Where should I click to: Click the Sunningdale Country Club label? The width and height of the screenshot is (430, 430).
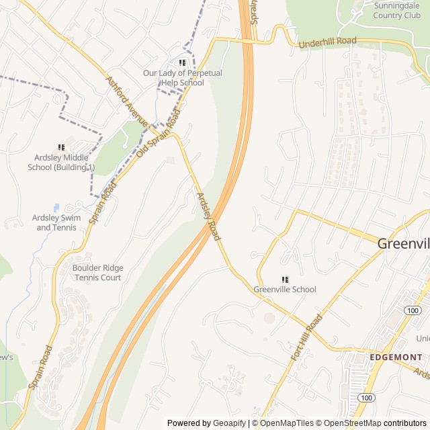coord(396,10)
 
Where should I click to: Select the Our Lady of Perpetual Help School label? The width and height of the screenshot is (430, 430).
coord(173,78)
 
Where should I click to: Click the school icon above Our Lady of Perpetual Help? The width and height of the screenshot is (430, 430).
coord(182,62)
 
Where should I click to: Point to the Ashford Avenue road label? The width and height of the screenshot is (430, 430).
coord(126,101)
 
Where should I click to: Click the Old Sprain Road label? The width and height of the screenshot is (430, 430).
coord(159,132)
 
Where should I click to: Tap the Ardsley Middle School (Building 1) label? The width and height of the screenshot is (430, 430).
coord(61,163)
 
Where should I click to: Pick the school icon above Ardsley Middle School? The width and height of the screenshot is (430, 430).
coord(61,147)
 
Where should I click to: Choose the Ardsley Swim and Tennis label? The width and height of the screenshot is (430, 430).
coord(56,222)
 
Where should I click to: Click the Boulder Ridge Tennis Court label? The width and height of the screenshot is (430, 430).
coord(97,272)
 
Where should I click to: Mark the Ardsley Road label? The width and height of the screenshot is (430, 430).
coord(208,217)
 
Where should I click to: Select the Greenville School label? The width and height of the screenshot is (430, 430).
coord(285,290)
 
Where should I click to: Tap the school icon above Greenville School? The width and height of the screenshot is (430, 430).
coord(285,279)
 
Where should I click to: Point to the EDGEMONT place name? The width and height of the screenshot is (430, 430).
coord(396,357)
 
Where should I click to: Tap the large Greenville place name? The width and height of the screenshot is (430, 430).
coord(403,244)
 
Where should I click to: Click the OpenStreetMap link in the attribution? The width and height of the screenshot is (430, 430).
coord(349,423)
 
